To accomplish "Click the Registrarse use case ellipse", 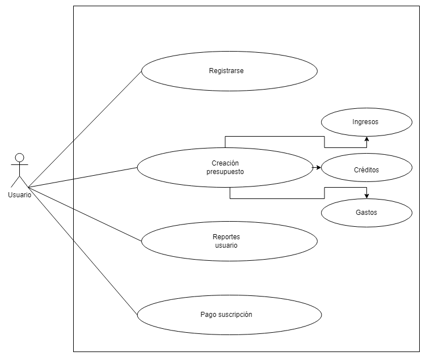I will (x=229, y=71).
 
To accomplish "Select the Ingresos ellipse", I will (x=366, y=121).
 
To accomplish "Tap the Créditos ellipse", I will (x=366, y=169).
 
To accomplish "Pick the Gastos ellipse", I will (x=366, y=213).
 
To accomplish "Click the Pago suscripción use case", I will (x=229, y=314).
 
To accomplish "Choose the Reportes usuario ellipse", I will (x=229, y=241).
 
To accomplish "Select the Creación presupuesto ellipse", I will (x=225, y=167).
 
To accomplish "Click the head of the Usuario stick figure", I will (x=20, y=158).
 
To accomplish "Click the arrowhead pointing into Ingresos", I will (x=366, y=138).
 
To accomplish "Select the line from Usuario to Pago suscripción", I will (x=83, y=252).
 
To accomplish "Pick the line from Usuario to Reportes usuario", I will (x=85, y=215).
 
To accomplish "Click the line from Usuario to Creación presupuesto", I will (x=83, y=177).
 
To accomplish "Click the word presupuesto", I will (x=225, y=171).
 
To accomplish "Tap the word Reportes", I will (x=226, y=237).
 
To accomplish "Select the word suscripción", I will (x=238, y=314).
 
